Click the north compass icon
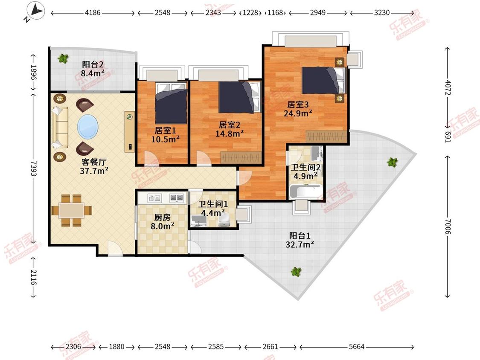(x=35, y=11)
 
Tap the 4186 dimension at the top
(x=93, y=12)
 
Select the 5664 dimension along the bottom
(x=357, y=346)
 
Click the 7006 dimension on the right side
(x=448, y=227)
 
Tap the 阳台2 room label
(x=93, y=64)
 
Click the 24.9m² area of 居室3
(x=298, y=113)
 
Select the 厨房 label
(x=162, y=218)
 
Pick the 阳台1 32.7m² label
(x=300, y=240)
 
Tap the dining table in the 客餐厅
(x=72, y=210)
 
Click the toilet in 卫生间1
(x=224, y=220)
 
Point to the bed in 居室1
(x=171, y=104)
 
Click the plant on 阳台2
(x=64, y=58)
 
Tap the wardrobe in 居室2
(x=241, y=157)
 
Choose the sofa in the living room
(x=60, y=128)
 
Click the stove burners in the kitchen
(x=176, y=198)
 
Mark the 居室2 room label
(x=230, y=125)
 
